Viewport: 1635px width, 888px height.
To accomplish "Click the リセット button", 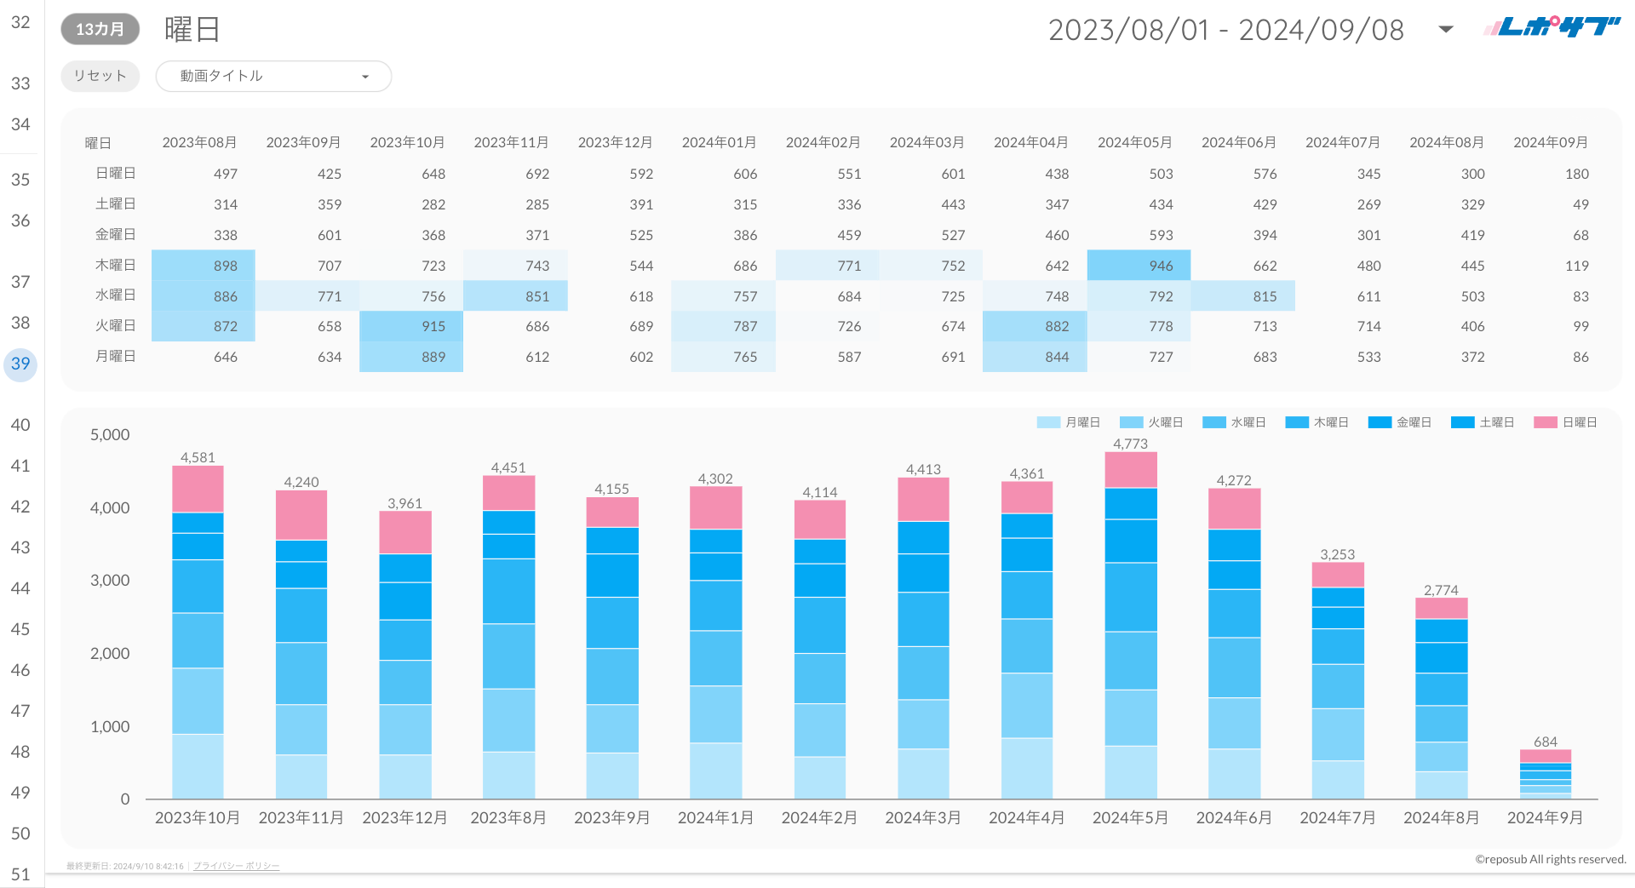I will coord(100,76).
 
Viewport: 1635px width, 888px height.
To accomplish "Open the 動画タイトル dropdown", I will coord(272,76).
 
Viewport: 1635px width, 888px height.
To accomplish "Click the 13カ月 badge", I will coord(100,29).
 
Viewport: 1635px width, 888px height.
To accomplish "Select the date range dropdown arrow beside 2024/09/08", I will coord(1445,30).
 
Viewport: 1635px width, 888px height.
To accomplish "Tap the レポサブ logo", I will coord(1552,27).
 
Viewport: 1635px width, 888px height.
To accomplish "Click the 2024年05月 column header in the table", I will coord(1134,142).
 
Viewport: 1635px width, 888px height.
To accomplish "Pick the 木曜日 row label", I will coord(115,265).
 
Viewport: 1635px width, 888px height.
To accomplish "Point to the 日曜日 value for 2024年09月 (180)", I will coord(1576,174).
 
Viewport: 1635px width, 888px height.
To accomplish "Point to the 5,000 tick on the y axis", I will coord(110,434).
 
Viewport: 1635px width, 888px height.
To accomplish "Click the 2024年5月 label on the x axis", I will coord(1130,817).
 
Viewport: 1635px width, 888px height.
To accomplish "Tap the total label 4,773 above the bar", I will coord(1130,444).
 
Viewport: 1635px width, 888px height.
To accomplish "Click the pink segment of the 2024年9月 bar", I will coord(1545,756).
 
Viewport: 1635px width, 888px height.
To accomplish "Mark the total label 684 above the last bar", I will coord(1545,742).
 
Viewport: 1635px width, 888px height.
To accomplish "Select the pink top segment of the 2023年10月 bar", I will coord(198,489).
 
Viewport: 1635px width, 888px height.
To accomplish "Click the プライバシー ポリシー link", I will coord(236,866).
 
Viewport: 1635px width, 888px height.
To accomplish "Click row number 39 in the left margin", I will coord(20,364).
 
